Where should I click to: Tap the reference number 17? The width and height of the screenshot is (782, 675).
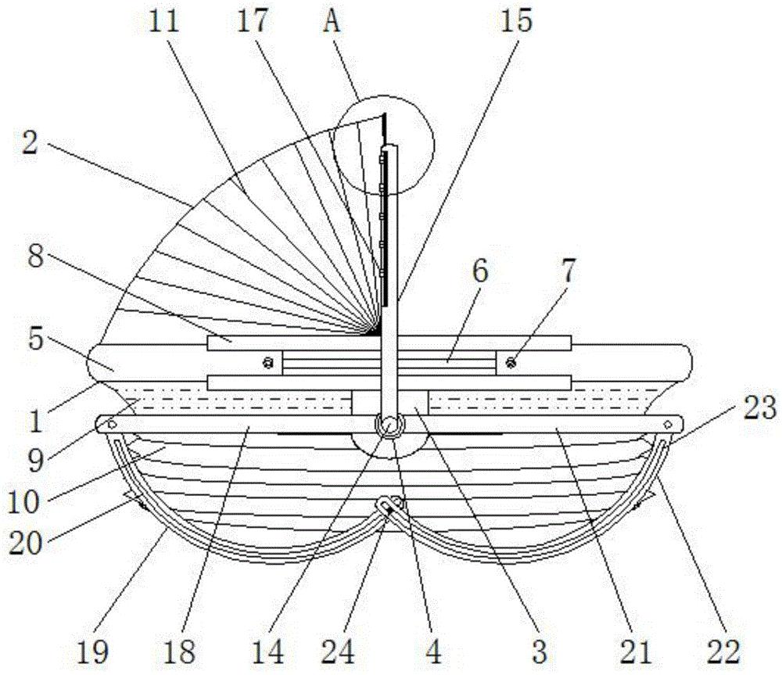pyautogui.click(x=252, y=22)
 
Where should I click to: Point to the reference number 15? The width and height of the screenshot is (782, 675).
pyautogui.click(x=517, y=22)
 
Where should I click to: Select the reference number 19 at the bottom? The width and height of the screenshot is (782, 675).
pyautogui.click(x=94, y=652)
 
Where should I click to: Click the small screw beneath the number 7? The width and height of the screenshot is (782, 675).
pyautogui.click(x=511, y=362)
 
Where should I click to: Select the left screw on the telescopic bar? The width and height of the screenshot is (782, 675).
pyautogui.click(x=268, y=362)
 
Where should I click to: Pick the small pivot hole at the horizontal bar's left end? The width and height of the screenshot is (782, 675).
pyautogui.click(x=111, y=425)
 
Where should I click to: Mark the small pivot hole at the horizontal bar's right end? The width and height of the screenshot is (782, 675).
pyautogui.click(x=668, y=425)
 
